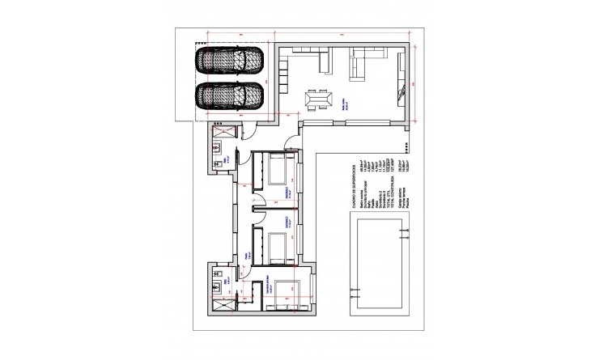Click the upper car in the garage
pos(230,61)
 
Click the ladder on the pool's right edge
pos(399,235)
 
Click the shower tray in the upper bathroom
pos(223,133)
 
